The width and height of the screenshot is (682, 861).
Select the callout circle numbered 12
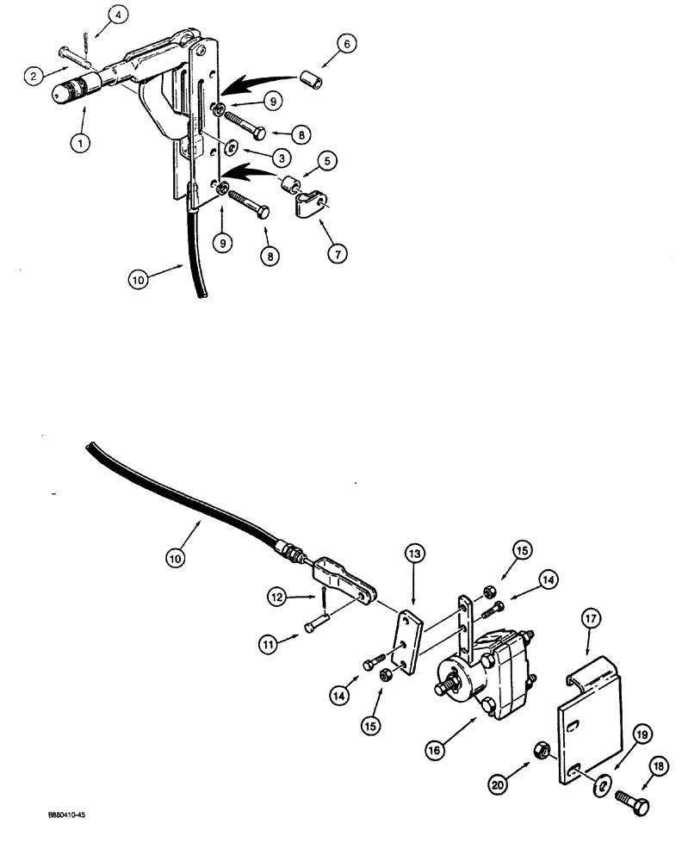(x=275, y=596)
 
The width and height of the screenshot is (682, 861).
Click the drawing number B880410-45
(x=52, y=835)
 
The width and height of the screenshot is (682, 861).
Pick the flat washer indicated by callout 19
(x=603, y=782)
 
